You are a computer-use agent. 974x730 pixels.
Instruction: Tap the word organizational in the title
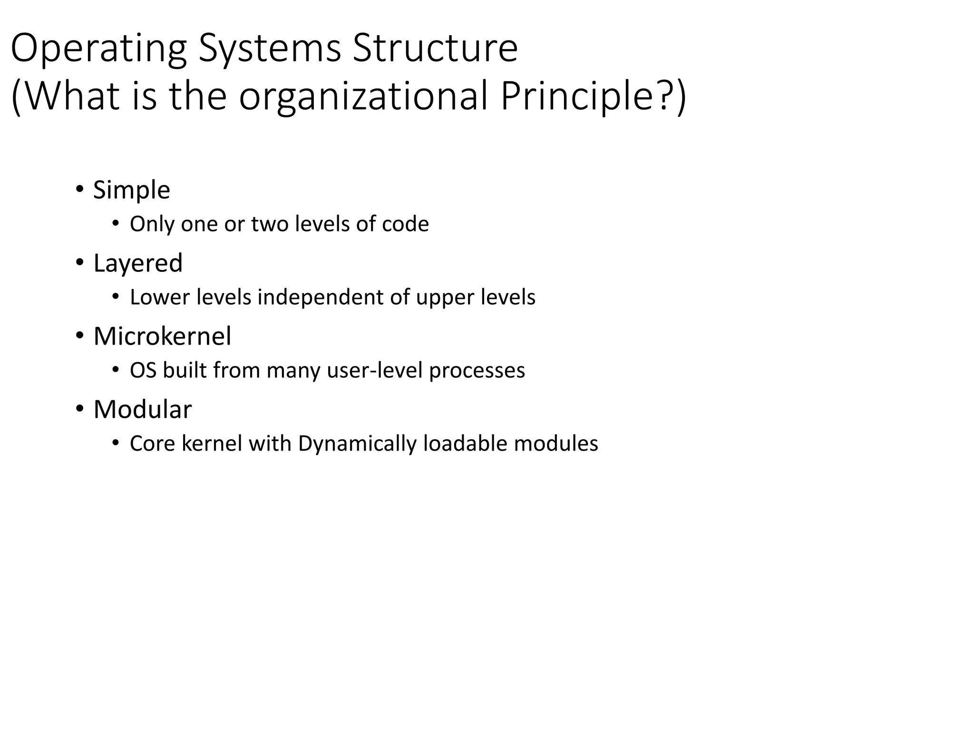tap(363, 97)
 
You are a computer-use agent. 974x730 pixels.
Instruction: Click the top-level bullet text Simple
tap(131, 190)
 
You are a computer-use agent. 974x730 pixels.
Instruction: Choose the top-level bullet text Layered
tap(138, 263)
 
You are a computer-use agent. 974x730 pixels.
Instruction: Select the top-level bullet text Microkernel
tap(162, 336)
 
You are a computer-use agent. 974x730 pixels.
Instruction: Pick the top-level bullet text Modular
tap(143, 410)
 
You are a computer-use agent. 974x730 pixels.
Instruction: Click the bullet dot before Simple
tap(79, 190)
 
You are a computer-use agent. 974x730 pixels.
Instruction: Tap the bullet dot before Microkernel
tap(79, 336)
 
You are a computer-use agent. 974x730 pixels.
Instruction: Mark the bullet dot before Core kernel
tap(115, 443)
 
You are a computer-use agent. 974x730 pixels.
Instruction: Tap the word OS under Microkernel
tap(143, 371)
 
